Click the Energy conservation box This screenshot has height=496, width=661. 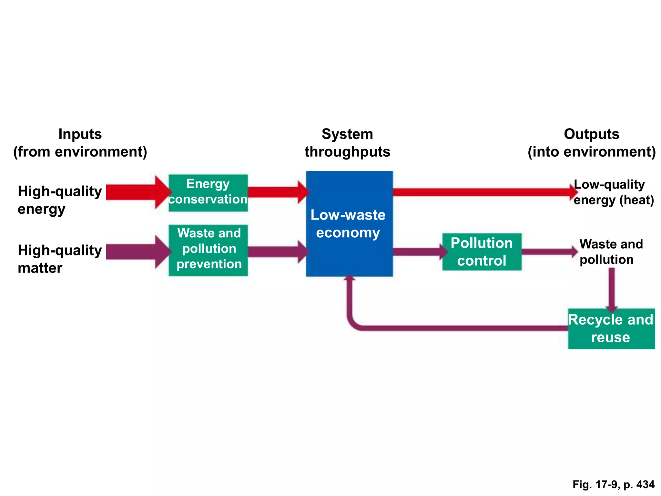click(x=208, y=193)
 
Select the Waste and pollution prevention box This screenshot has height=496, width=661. click(x=208, y=250)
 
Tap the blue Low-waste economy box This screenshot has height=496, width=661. click(x=349, y=223)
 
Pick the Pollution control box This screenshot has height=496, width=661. click(x=482, y=252)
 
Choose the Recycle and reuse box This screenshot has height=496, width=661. click(x=611, y=328)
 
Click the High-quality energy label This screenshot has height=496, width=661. click(x=59, y=200)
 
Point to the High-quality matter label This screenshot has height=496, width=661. click(x=59, y=259)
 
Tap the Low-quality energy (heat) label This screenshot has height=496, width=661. click(x=613, y=192)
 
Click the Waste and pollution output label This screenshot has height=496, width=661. click(x=611, y=252)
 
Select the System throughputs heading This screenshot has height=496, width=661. click(x=347, y=143)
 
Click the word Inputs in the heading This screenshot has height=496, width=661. click(x=80, y=134)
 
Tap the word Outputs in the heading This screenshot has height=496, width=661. click(x=591, y=134)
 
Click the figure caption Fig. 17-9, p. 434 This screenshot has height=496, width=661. click(x=613, y=484)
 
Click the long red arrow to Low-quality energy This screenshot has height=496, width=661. click(x=481, y=192)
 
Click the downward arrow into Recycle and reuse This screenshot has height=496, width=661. click(x=612, y=289)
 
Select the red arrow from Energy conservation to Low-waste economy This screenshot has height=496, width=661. click(x=276, y=192)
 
